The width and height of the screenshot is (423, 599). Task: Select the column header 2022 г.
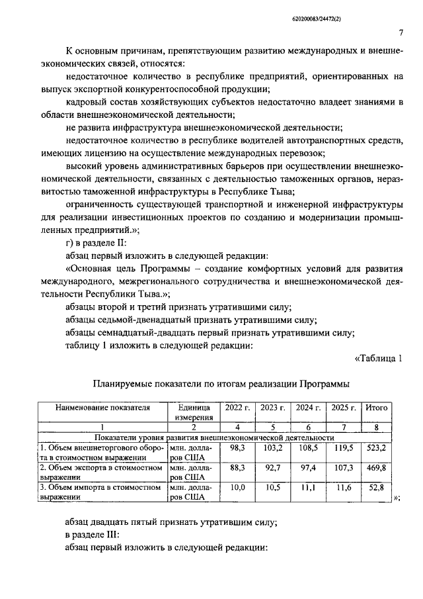(237, 408)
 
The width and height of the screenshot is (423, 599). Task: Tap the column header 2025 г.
(342, 408)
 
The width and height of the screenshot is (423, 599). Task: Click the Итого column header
(376, 408)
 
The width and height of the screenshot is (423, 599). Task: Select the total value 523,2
(376, 447)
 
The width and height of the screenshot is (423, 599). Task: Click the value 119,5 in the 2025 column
(342, 447)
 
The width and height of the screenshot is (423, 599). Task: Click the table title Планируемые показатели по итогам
(221, 383)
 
